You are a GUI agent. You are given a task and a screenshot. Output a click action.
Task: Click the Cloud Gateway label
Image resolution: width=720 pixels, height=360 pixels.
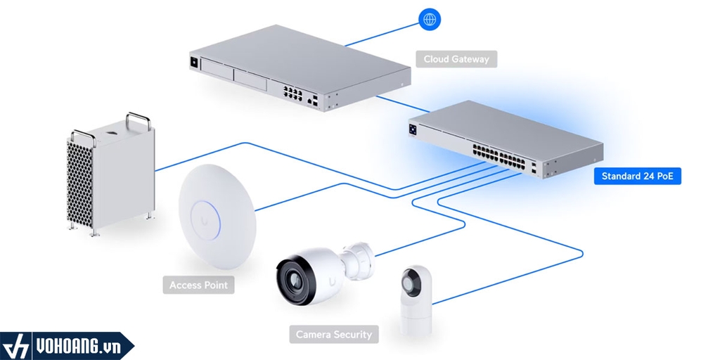click(x=456, y=59)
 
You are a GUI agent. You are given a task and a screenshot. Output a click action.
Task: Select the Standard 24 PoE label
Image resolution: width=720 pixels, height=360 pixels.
click(x=637, y=176)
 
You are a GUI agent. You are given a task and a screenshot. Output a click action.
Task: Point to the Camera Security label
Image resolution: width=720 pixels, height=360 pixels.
click(x=333, y=334)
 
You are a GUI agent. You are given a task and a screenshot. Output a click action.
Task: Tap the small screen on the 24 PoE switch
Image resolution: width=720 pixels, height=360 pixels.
click(x=414, y=129)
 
